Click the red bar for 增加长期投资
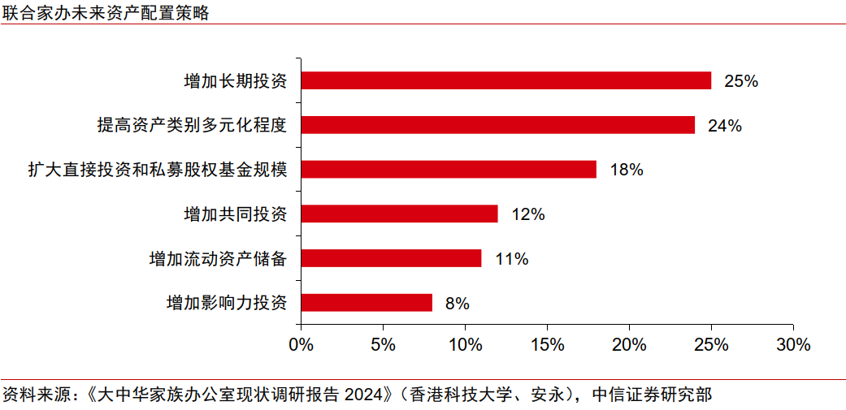click(505, 80)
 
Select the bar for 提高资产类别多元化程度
click(497, 125)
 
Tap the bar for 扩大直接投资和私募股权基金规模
click(449, 170)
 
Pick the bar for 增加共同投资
click(399, 214)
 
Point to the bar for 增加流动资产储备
click(391, 258)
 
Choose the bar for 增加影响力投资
click(367, 303)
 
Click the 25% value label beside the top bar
click(740, 81)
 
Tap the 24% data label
click(724, 126)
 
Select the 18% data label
click(626, 170)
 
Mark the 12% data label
click(527, 215)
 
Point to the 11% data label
click(511, 259)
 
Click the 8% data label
click(458, 304)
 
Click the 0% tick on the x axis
click(302, 344)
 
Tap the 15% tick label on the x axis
click(547, 344)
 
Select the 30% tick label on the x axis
click(792, 344)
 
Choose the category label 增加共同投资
click(236, 214)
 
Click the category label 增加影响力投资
click(227, 303)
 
